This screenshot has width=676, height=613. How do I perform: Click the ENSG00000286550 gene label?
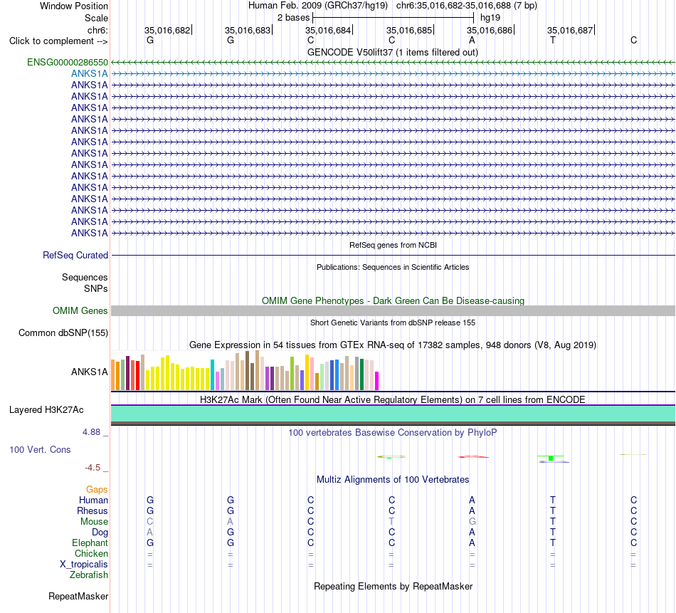point(68,62)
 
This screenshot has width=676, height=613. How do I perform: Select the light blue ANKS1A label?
point(89,74)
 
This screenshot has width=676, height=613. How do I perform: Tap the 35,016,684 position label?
point(328,30)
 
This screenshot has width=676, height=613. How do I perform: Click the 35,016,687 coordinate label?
point(570,30)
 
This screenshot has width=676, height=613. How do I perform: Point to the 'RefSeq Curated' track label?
point(75,256)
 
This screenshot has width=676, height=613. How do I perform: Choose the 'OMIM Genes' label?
point(80,310)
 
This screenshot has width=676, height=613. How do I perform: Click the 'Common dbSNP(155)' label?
point(63,333)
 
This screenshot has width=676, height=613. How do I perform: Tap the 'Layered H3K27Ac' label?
point(46,410)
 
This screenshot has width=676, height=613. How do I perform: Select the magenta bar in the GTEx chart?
point(377,381)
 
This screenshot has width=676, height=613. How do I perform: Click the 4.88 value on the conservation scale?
point(91,432)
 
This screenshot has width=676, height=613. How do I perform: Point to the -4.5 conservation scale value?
point(93,468)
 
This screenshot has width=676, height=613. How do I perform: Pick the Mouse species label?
point(94,522)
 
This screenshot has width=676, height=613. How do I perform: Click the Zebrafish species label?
point(89,575)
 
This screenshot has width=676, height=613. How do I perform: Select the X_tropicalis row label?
point(84,565)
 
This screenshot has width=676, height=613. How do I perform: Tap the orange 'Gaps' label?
point(97,490)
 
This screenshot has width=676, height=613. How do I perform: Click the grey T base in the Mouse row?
point(391,522)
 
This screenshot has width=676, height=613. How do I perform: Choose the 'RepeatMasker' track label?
point(78,596)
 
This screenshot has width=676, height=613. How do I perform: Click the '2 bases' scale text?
point(293,18)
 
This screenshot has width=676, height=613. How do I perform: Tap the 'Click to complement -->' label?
point(58,41)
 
